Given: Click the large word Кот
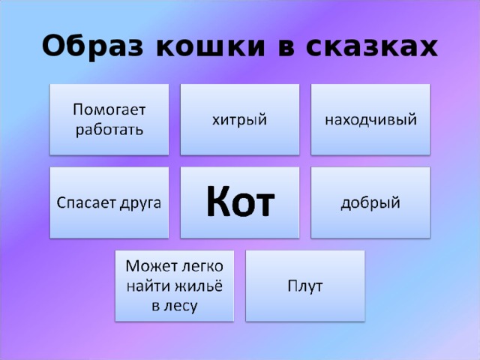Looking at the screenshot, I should (x=240, y=201).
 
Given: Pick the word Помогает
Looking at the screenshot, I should (x=109, y=109).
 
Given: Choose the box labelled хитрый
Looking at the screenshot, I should (x=240, y=118).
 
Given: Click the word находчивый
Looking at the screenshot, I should (x=370, y=118).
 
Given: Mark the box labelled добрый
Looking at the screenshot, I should (x=370, y=202).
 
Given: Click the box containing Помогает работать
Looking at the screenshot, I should (x=109, y=118).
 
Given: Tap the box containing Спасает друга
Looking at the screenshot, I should (x=109, y=202).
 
